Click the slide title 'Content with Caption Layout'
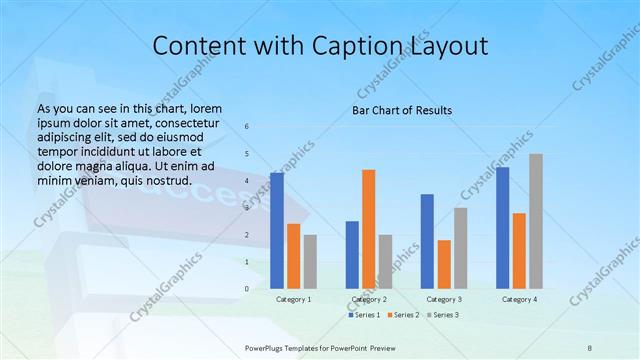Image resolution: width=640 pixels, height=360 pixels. (x=319, y=46)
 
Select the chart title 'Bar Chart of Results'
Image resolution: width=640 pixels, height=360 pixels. (x=401, y=110)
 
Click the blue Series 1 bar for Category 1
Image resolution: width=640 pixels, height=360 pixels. (x=277, y=230)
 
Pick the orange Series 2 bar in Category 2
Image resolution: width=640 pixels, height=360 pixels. (x=369, y=229)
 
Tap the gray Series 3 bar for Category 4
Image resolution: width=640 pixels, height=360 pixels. (x=536, y=221)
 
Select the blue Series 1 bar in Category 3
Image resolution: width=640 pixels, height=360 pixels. (x=428, y=241)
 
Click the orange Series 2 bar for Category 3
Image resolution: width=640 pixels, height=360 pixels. (x=444, y=264)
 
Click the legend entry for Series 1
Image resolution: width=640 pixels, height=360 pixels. (x=364, y=315)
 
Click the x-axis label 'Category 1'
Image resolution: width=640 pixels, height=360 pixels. (x=293, y=299)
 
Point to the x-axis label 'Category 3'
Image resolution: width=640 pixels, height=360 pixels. (x=444, y=299)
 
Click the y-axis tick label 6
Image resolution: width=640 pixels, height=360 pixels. (x=247, y=127)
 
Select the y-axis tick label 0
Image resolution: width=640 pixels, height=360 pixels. (x=247, y=289)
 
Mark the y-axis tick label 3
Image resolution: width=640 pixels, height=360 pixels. (x=247, y=208)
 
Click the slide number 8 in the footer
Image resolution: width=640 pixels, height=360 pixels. (x=590, y=346)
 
